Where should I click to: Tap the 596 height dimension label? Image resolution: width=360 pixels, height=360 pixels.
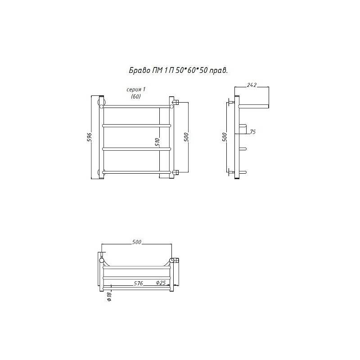[90, 137]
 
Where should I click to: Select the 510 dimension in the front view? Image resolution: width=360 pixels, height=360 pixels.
[157, 143]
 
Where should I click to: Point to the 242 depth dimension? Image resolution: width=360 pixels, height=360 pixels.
[252, 85]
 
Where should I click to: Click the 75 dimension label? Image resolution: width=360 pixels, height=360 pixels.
[252, 132]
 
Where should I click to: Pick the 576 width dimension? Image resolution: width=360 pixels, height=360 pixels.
[138, 283]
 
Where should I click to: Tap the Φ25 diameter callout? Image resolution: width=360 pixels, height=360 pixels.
[161, 283]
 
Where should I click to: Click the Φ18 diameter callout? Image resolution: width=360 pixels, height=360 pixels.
[109, 296]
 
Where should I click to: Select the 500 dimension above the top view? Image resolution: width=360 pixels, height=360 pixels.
[137, 242]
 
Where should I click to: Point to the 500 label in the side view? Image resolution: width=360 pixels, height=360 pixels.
[225, 137]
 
